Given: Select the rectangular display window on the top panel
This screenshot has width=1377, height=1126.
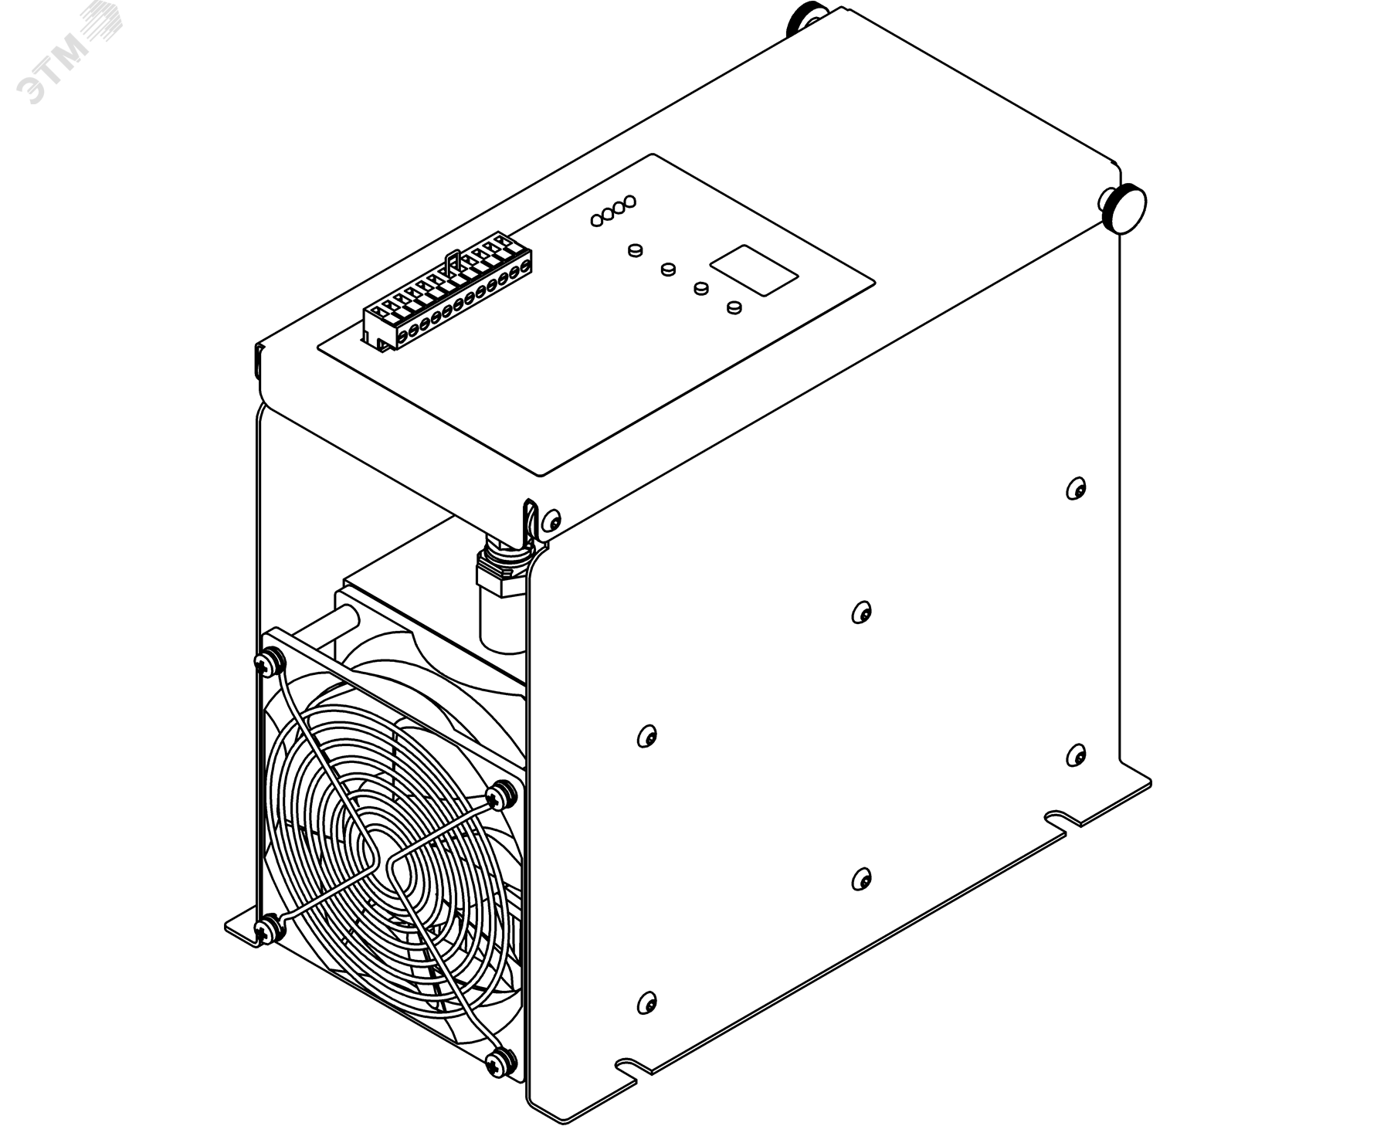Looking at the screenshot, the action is click(753, 270).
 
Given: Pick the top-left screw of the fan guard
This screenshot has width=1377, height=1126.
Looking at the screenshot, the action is click(268, 661).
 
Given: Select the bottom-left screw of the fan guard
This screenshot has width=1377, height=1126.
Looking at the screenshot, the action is click(268, 924).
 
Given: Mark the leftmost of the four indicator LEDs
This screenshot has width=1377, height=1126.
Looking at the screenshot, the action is click(596, 220).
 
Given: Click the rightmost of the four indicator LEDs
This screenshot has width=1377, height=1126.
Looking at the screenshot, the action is click(629, 202).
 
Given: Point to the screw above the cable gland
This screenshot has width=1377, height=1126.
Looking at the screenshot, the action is click(550, 520).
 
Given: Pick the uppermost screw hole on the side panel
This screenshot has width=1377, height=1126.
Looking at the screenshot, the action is click(1076, 488).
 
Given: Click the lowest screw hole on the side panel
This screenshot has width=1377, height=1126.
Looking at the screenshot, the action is click(646, 1002).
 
